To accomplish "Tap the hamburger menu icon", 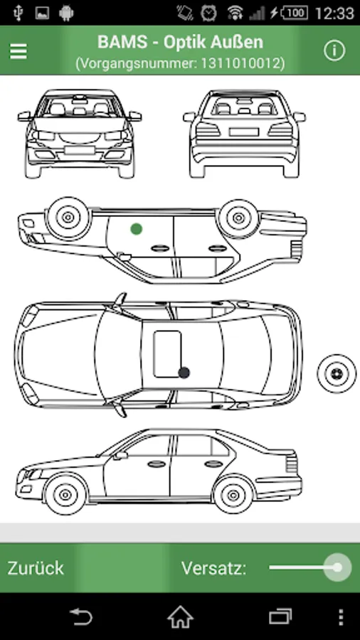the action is click(18, 51).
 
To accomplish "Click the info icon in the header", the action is click(334, 50).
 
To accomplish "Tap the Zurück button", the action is click(36, 568).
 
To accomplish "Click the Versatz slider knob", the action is click(337, 567).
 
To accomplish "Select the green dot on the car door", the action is click(137, 229).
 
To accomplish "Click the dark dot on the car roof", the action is click(184, 372).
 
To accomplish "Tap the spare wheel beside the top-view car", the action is click(337, 373).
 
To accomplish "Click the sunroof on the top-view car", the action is click(168, 354).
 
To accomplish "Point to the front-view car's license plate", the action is click(80, 150).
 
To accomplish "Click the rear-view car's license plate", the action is click(243, 132).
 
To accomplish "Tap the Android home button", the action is click(180, 617).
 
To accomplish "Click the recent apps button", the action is click(280, 617).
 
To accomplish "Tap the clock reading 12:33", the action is click(334, 13).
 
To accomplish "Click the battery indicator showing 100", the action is click(295, 13).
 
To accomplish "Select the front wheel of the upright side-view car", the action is click(65, 495).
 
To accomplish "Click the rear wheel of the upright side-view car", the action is click(233, 495).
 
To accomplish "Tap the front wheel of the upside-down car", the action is click(68, 218).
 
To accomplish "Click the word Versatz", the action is click(214, 568).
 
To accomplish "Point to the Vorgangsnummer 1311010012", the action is click(180, 63).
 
